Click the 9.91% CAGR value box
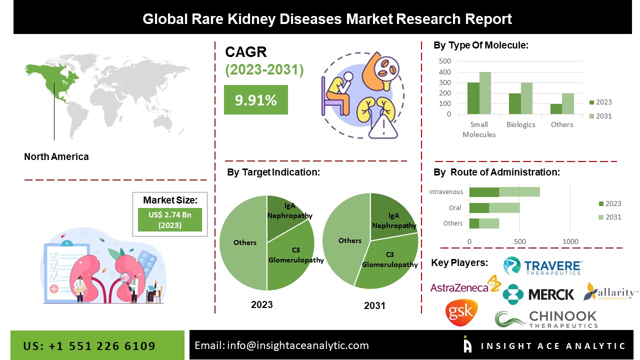tap(255, 100)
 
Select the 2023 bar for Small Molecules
tap(473, 98)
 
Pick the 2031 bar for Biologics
tap(527, 98)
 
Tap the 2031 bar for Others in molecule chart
tap(567, 104)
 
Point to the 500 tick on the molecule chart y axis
tap(444, 61)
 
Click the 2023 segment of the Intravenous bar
tap(484, 192)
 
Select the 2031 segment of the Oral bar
tap(504, 207)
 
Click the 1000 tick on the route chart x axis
tap(570, 241)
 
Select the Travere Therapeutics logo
tap(542, 266)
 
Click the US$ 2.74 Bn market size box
tap(169, 219)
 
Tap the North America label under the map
tap(56, 156)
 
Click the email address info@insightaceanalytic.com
tap(281, 345)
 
